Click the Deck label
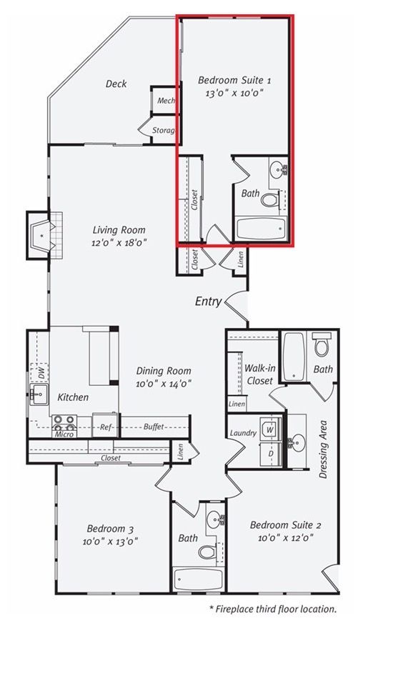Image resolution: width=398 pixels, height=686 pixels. tap(116, 84)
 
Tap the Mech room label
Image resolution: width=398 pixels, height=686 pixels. tap(166, 101)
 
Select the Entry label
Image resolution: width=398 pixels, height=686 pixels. tap(208, 302)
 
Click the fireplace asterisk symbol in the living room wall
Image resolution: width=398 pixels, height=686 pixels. tap(42, 236)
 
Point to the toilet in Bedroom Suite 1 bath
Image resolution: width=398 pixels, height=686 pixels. tap(269, 199)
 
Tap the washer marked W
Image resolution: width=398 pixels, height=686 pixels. tap(270, 429)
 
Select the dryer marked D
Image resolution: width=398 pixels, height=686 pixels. tap(270, 454)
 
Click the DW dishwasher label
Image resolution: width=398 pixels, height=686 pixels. tap(41, 374)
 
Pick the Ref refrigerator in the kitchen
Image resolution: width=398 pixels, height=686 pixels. tap(105, 426)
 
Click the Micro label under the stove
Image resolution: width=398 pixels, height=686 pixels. tap(64, 434)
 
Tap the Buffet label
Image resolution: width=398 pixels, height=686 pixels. tap(154, 427)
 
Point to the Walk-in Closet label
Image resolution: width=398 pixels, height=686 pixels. tap(260, 374)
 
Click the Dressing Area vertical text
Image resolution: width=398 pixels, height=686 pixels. tap(323, 449)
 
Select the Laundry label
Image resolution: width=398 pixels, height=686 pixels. tap(243, 433)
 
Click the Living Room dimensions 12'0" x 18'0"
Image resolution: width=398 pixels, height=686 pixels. tap(119, 242)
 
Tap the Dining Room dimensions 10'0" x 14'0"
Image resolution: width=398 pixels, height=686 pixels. tap(164, 384)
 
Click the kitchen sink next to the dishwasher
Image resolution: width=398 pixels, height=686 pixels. tap(39, 394)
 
